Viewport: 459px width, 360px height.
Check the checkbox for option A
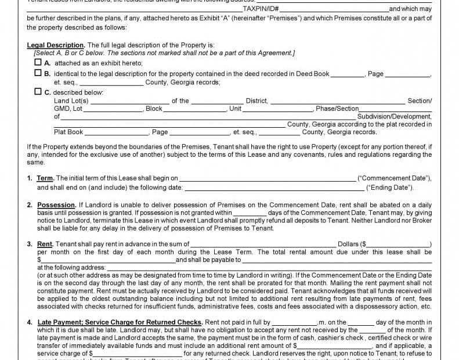pyautogui.click(x=38, y=63)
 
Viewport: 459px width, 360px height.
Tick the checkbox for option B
pyautogui.click(x=38, y=74)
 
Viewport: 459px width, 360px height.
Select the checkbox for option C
pyautogui.click(x=38, y=92)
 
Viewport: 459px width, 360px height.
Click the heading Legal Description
pyautogui.click(x=56, y=45)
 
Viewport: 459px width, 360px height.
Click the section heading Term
pyautogui.click(x=45, y=178)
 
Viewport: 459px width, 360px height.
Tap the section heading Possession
pyautogui.click(x=56, y=205)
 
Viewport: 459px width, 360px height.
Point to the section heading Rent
pyautogui.click(x=45, y=244)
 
